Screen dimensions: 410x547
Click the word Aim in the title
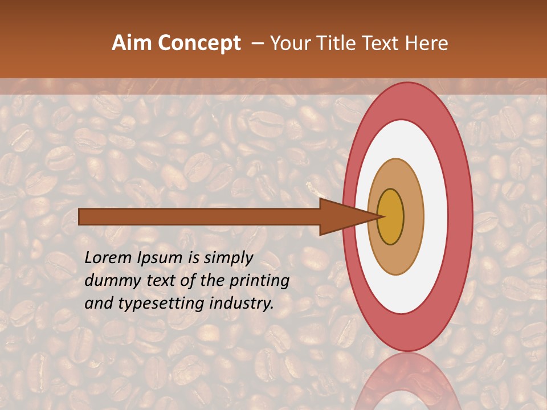pos(132,43)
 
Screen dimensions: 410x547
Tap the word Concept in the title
pos(199,43)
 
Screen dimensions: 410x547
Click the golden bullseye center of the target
pos(391,217)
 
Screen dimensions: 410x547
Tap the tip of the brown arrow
pos(380,216)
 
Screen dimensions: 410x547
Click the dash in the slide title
pos(257,43)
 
